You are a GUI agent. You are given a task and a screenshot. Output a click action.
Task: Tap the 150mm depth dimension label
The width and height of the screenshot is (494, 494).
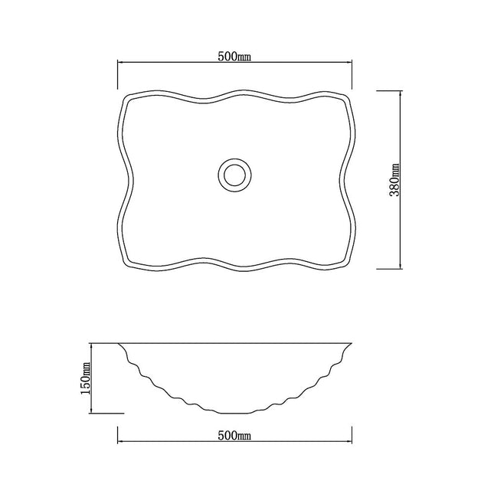(87, 375)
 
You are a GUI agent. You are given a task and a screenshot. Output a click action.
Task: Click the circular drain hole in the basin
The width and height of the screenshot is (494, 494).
(234, 174)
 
